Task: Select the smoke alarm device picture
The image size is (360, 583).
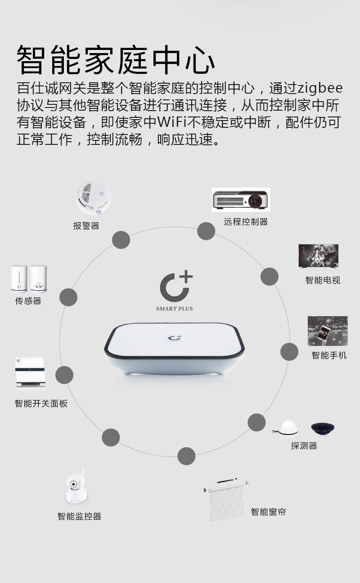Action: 94,198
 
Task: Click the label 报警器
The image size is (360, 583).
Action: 86,226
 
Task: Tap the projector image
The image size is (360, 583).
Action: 241,200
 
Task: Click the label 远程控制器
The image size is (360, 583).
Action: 246,222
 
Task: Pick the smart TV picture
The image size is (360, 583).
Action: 318,256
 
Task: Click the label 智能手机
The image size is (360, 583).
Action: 329,355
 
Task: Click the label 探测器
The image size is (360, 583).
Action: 304,446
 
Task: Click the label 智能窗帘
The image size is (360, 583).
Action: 268,512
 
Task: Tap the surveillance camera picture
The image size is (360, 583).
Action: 76,488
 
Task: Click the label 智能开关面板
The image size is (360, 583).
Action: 41,404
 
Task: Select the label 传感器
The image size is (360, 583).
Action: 28,301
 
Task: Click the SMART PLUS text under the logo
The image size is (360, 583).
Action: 174,309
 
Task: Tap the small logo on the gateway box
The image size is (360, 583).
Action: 174,339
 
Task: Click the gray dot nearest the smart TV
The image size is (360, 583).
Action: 270,276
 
